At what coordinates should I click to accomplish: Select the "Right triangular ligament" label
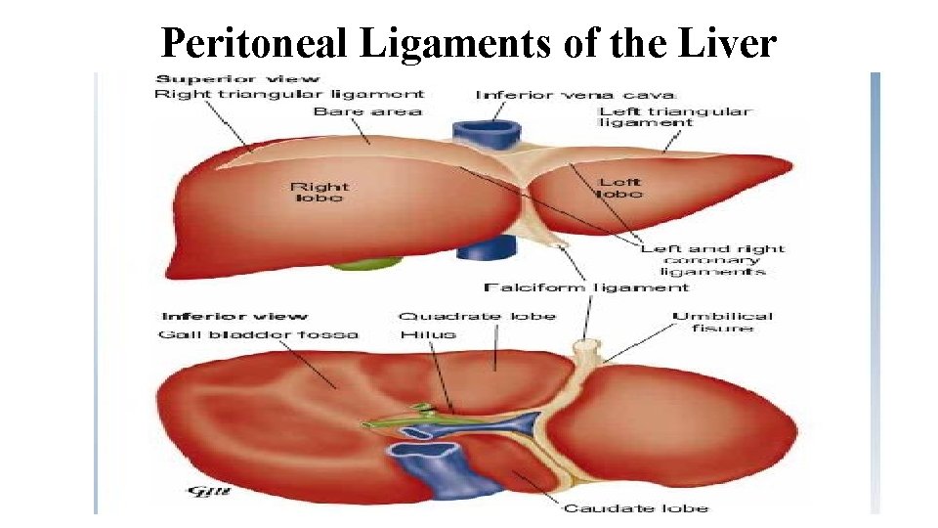(x=289, y=95)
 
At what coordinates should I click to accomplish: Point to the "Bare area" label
(x=367, y=111)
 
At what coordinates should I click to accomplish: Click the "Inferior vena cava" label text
(x=576, y=95)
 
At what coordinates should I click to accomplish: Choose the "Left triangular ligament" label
(x=674, y=117)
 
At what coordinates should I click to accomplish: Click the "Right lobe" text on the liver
(x=319, y=192)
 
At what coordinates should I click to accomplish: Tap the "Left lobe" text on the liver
(x=620, y=188)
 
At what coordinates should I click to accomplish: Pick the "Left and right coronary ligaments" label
(x=713, y=260)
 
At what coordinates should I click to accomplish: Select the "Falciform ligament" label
(x=586, y=287)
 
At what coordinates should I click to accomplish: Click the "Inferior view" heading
(x=234, y=316)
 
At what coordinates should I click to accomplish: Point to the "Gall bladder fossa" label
(x=258, y=334)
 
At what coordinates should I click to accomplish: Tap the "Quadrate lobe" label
(x=477, y=316)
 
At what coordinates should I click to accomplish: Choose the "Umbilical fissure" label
(x=722, y=322)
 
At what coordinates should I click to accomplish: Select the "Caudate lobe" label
(x=635, y=507)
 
